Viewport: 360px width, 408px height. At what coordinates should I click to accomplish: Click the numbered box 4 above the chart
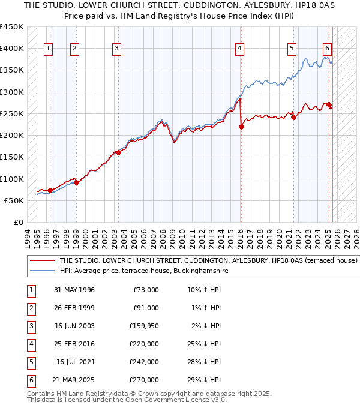(239, 49)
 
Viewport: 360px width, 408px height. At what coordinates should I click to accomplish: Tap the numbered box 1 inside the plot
(48, 49)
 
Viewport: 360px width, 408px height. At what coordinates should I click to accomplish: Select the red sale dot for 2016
(241, 127)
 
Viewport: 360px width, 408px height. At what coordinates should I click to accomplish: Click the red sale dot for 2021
(294, 117)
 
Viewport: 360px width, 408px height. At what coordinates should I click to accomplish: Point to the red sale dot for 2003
(118, 152)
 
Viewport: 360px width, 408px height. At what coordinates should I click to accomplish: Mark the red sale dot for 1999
(76, 182)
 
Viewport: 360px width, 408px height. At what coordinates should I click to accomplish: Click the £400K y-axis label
(12, 49)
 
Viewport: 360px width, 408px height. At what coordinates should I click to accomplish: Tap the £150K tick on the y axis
(12, 157)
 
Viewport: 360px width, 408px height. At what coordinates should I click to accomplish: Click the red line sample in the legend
(42, 261)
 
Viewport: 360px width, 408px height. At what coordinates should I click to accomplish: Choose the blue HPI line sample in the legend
(42, 271)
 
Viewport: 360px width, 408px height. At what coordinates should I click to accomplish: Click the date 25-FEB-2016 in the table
(74, 344)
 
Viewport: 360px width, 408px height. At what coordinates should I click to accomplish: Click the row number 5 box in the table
(30, 362)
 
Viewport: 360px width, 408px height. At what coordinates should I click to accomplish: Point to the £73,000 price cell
(146, 290)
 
